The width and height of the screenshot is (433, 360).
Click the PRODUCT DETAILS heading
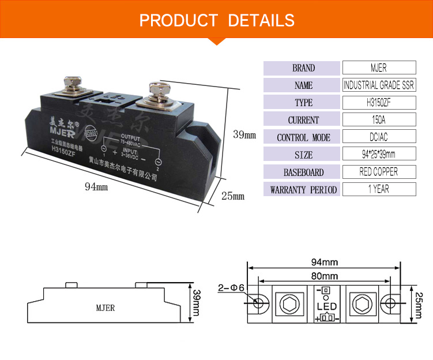(217, 21)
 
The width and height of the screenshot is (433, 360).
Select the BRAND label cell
(303, 68)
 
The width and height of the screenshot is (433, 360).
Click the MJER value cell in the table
(379, 68)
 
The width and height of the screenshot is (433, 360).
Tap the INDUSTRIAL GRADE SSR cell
(379, 85)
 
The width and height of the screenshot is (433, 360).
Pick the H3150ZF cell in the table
(379, 103)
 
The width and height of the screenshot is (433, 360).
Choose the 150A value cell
(379, 120)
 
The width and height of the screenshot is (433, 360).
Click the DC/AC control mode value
(379, 137)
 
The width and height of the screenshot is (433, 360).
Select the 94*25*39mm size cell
(379, 155)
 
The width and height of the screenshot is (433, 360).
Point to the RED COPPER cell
(379, 172)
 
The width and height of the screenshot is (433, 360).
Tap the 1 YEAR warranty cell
(379, 189)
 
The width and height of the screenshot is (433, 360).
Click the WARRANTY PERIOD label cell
(303, 189)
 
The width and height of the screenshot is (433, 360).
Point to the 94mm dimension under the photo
(96, 186)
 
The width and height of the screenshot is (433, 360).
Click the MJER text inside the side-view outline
(106, 308)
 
